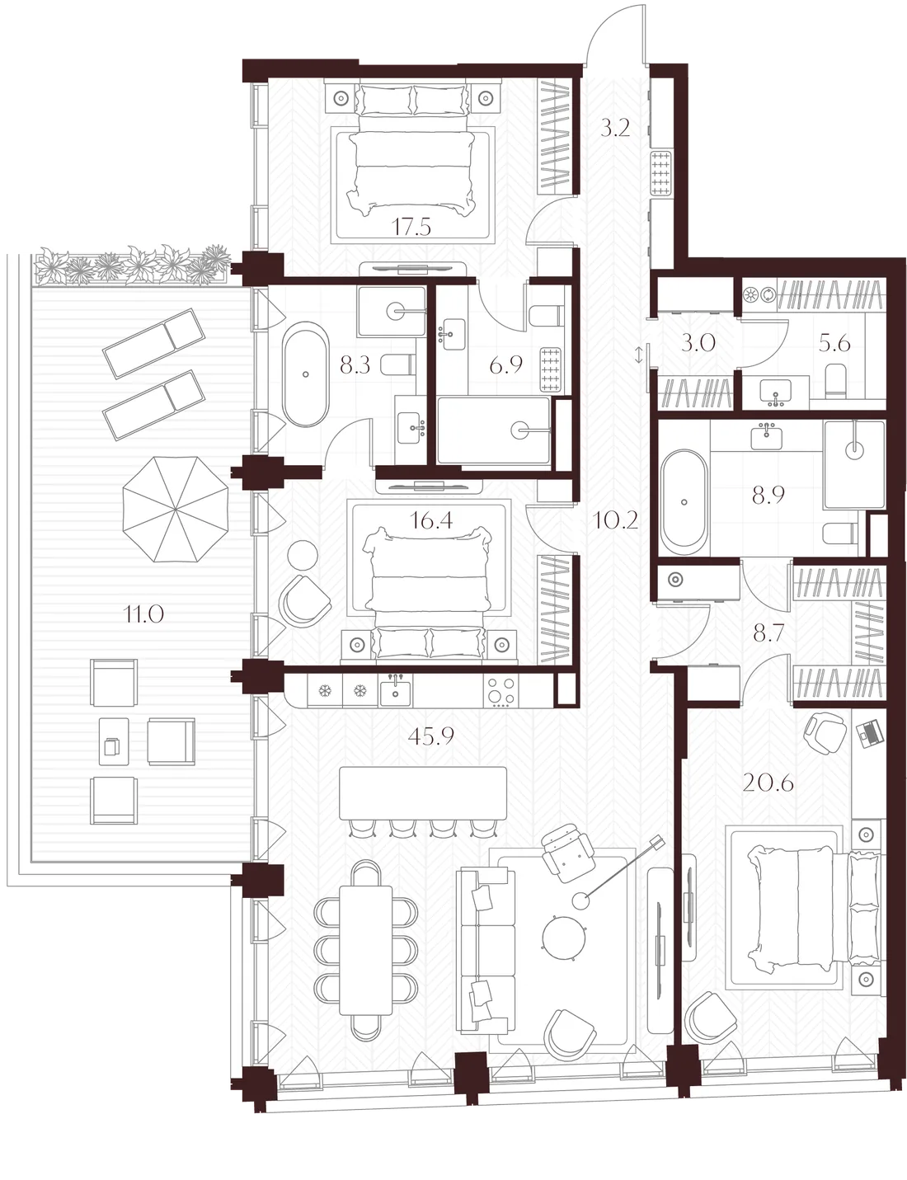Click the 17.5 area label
point(411,227)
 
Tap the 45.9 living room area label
point(431,736)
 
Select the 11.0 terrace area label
point(143,614)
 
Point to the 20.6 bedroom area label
point(768,783)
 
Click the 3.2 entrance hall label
point(615,129)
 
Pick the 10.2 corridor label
point(615,520)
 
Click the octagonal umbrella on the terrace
point(176,508)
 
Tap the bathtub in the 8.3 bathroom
point(306,374)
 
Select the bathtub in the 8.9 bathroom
point(684,501)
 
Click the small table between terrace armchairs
point(114,741)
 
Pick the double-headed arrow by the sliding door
point(640,355)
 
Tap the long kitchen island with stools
point(423,793)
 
